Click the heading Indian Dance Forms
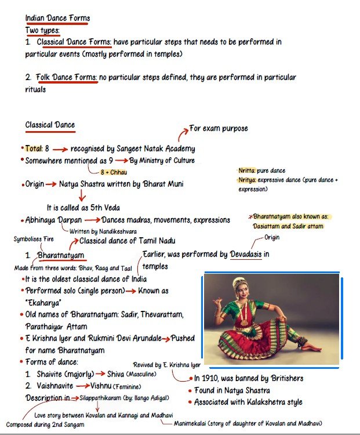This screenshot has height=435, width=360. point(57,18)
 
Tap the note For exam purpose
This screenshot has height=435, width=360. point(219,128)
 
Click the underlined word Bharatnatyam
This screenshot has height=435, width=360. point(61,255)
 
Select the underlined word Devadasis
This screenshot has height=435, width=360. point(249,255)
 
